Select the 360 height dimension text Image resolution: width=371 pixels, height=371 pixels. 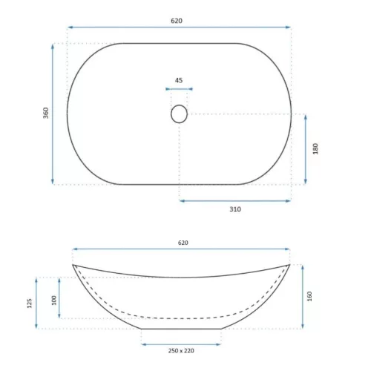(x=45, y=114)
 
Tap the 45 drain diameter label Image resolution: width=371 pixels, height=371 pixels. (x=179, y=80)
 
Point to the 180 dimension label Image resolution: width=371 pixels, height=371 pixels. (x=315, y=149)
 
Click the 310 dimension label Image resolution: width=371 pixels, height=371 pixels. (x=235, y=209)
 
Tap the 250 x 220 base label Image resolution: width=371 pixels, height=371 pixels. (x=181, y=351)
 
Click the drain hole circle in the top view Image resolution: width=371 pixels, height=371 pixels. (x=179, y=114)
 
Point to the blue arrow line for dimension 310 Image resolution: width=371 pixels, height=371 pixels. (x=235, y=200)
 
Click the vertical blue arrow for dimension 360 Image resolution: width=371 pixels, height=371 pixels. (x=53, y=114)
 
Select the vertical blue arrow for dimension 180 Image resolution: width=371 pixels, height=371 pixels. (x=305, y=149)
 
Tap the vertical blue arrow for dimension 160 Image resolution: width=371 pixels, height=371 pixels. (x=303, y=295)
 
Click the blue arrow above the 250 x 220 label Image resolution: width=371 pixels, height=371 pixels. (x=181, y=344)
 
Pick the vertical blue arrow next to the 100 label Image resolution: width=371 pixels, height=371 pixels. (x=60, y=298)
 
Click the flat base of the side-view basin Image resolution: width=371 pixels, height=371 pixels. (x=181, y=328)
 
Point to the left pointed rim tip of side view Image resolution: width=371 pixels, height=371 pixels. (x=73, y=265)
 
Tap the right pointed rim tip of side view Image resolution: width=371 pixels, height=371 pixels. (x=289, y=265)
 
